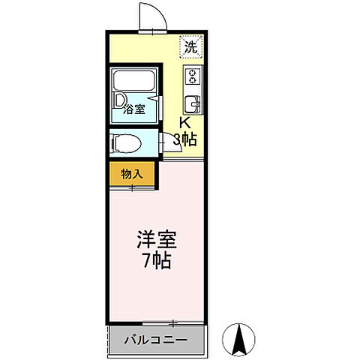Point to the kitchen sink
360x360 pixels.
192,102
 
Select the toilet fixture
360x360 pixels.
124,142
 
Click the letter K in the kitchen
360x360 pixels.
184,124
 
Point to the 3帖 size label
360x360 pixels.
185,139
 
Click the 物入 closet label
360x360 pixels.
131,174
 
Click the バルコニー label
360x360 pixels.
155,340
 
